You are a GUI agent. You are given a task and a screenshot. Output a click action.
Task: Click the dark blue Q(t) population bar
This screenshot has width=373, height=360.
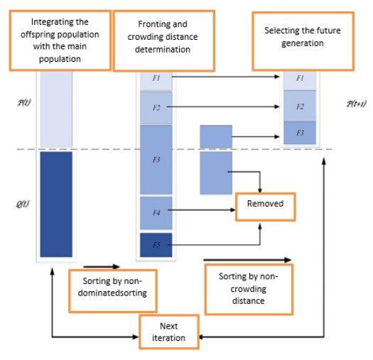[x=55, y=204]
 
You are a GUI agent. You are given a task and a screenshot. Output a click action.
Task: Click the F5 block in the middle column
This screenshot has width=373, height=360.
[x=156, y=245]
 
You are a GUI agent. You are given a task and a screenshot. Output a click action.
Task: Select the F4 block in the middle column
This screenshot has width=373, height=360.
[x=156, y=212]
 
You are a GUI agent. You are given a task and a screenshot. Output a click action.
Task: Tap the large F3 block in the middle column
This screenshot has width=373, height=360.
[x=156, y=160]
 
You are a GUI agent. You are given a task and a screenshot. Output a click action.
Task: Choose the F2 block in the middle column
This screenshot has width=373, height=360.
[x=156, y=108]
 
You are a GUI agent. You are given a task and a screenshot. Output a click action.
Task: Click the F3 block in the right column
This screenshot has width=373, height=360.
[x=300, y=133]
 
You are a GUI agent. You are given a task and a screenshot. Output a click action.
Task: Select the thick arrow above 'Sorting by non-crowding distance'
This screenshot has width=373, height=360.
[x=247, y=260]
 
